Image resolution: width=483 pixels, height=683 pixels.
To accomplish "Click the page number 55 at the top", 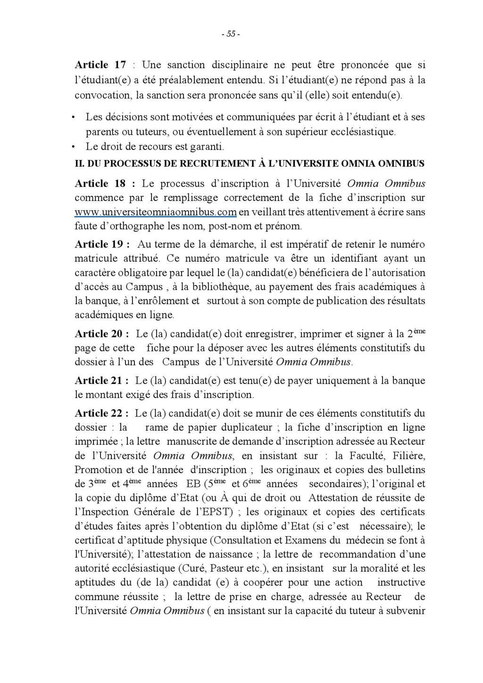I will click(231, 34).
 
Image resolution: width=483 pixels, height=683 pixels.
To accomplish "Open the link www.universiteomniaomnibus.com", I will click(155, 212).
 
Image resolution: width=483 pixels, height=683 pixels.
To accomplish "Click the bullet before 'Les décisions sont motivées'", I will click(73, 117).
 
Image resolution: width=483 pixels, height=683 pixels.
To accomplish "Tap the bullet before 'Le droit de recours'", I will click(73, 146).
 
